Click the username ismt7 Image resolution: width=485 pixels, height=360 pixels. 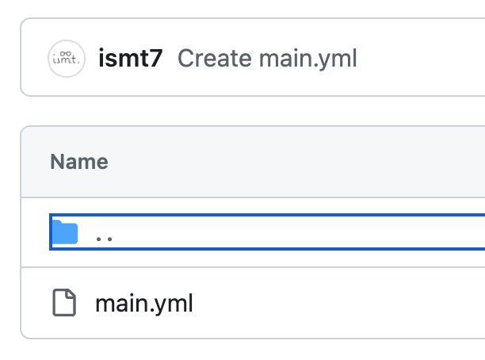(x=131, y=58)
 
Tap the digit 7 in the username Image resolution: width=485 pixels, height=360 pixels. (x=157, y=58)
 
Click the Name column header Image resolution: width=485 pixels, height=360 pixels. (x=79, y=163)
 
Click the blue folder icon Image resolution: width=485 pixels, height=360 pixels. (x=64, y=233)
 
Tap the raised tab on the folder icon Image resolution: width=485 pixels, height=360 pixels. (x=58, y=225)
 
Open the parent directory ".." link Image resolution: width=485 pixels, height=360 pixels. (x=104, y=236)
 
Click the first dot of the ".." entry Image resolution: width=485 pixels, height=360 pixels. (x=98, y=238)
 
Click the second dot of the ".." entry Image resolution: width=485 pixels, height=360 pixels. (x=109, y=238)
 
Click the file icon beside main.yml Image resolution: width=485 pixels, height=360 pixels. (x=64, y=303)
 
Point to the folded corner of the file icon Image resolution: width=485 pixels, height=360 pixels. (x=71, y=295)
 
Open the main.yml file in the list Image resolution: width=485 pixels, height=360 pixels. (x=143, y=303)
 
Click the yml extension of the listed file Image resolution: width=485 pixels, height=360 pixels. (x=175, y=304)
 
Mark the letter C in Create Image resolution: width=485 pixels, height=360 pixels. (x=185, y=58)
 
